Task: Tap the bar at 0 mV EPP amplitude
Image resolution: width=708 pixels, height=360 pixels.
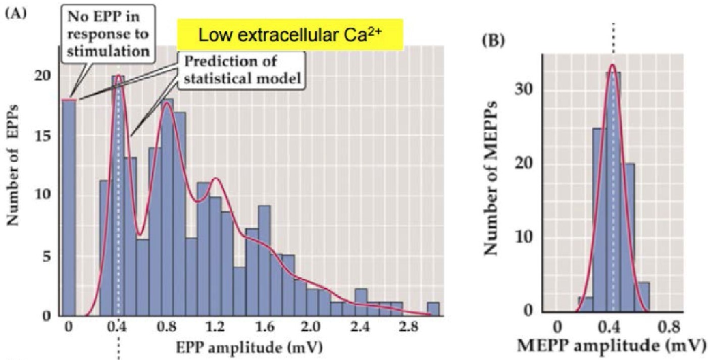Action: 69,207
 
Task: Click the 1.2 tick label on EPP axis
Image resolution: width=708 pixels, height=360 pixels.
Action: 216,325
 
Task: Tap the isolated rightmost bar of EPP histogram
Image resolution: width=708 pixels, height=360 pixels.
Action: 433,309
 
